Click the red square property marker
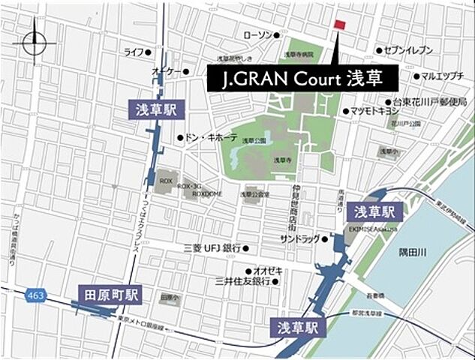click(x=340, y=25)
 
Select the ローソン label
click(x=257, y=35)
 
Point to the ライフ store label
click(x=134, y=52)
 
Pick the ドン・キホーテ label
click(x=211, y=138)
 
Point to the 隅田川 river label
click(x=412, y=253)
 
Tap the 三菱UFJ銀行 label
click(x=212, y=247)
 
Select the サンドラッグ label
click(x=299, y=238)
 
